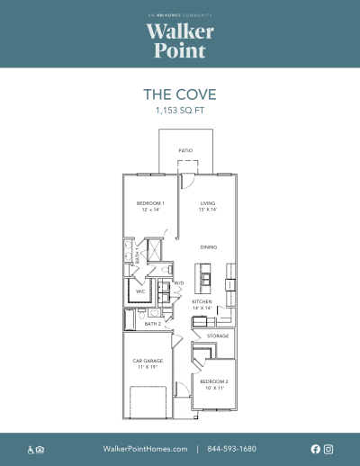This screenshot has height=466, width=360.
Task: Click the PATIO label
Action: pyautogui.click(x=185, y=150)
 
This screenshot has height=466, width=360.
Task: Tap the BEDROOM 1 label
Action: pyautogui.click(x=150, y=203)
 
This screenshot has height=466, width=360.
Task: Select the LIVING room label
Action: pyautogui.click(x=208, y=203)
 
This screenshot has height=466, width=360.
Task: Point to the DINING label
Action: pyautogui.click(x=208, y=246)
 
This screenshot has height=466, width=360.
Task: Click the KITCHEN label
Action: pyautogui.click(x=201, y=301)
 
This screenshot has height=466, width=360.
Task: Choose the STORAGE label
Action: pyautogui.click(x=218, y=336)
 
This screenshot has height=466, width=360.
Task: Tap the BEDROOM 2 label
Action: pyautogui.click(x=214, y=381)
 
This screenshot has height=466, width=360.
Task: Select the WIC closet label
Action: pyautogui.click(x=140, y=291)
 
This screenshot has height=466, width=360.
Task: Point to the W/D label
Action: pyautogui.click(x=178, y=283)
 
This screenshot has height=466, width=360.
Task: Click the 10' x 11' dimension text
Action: pyautogui.click(x=214, y=387)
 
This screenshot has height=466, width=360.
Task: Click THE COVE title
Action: pyautogui.click(x=180, y=94)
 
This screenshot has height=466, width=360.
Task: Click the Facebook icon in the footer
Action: pyautogui.click(x=316, y=449)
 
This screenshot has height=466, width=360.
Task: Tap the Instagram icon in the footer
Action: pyautogui.click(x=328, y=449)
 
